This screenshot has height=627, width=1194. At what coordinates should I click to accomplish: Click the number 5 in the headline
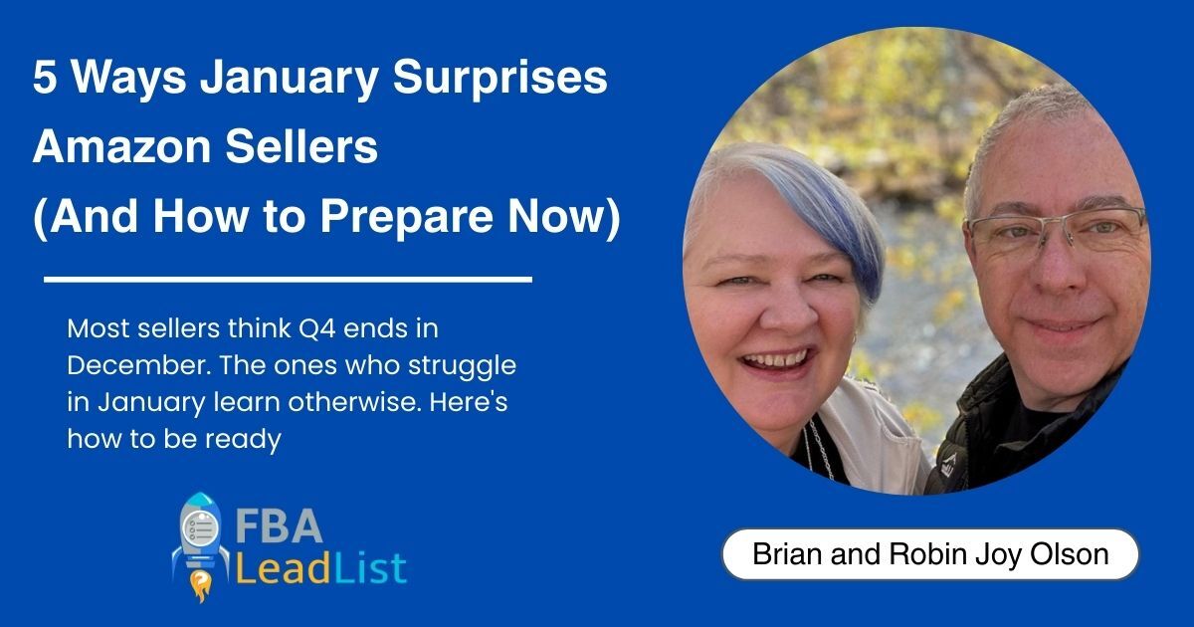pyautogui.click(x=44, y=78)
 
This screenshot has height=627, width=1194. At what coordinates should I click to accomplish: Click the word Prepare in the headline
pyautogui.click(x=405, y=219)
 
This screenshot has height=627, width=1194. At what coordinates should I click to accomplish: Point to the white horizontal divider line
pyautogui.click(x=288, y=279)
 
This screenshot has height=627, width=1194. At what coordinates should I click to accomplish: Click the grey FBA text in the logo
pyautogui.click(x=279, y=526)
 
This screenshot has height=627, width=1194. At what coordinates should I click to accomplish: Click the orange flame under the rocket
pyautogui.click(x=201, y=585)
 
